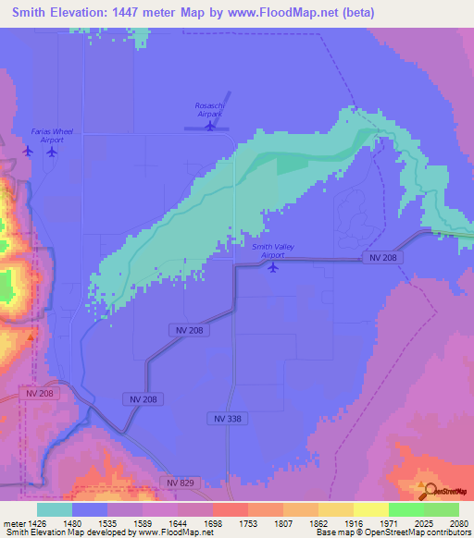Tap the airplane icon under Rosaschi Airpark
tap(210, 127)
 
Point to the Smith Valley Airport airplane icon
tap(272, 268)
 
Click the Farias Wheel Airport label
tap(47, 136)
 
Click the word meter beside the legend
tap(12, 523)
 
